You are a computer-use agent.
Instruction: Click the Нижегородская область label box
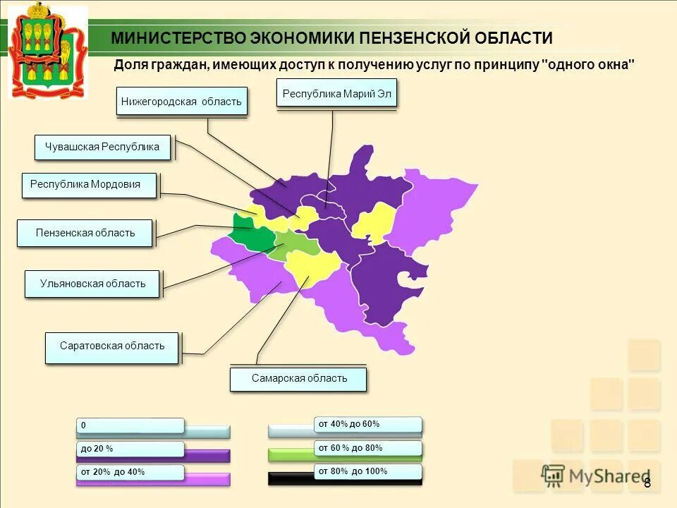point(181,101)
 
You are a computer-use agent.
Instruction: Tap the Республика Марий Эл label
point(336,93)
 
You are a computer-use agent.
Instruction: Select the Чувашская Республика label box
point(102,147)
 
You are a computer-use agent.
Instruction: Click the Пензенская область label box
point(85,233)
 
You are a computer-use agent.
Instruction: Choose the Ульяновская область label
point(92,284)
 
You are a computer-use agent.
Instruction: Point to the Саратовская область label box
point(111,346)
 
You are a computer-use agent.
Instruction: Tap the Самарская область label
point(298,379)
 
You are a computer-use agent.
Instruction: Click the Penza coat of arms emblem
point(47,49)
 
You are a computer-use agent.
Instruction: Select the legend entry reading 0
point(130,425)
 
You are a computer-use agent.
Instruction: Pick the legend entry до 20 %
point(130,449)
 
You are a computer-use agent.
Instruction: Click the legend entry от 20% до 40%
point(130,471)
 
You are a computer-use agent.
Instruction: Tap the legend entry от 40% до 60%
point(367,424)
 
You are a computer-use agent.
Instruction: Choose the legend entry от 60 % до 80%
point(367,447)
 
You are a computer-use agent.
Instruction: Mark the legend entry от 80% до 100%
point(367,471)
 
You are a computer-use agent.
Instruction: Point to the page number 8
point(647,483)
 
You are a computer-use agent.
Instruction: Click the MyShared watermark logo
point(596,476)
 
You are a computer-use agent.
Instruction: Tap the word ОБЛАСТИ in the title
point(513,38)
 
